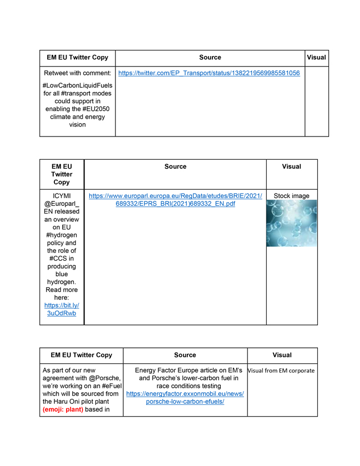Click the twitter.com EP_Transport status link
[209, 73]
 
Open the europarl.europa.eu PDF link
[175, 200]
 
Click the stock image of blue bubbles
[291, 223]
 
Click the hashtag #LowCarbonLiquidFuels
[77, 85]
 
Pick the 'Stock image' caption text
[291, 196]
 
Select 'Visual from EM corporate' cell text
[282, 371]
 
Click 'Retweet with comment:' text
[77, 73]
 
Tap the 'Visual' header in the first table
[316, 57]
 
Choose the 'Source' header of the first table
[210, 57]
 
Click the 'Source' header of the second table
[175, 166]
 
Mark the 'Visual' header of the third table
[282, 355]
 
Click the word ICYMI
[62, 196]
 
